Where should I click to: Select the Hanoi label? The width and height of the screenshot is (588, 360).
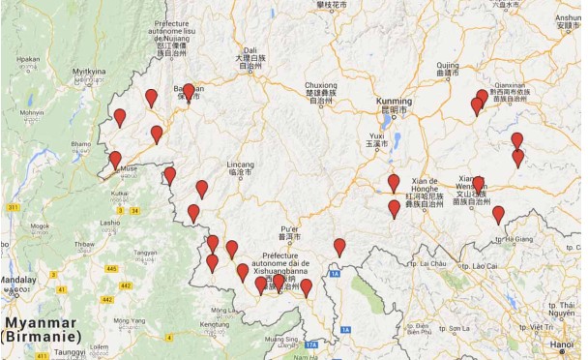(x=564, y=344)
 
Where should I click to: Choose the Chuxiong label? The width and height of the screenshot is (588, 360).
(x=324, y=85)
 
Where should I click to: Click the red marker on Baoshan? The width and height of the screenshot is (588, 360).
(x=189, y=90)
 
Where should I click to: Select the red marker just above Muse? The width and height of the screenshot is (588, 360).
(x=115, y=160)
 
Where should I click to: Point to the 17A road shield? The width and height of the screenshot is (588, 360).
(x=310, y=345)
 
